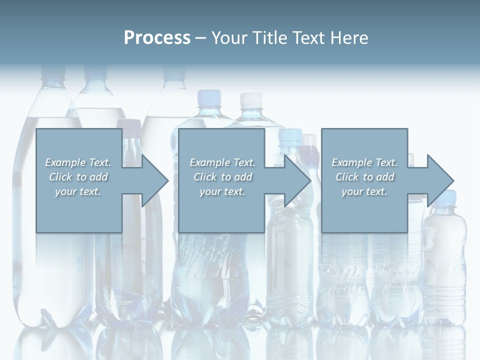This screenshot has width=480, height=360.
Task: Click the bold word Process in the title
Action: click(x=157, y=38)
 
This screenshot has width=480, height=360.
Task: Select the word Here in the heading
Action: click(x=349, y=38)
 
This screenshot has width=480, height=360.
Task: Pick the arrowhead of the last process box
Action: click(x=439, y=180)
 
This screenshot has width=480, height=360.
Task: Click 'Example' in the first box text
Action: click(x=65, y=162)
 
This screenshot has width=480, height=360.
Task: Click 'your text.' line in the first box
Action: click(x=78, y=191)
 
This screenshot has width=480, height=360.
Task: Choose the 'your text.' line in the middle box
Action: click(x=222, y=191)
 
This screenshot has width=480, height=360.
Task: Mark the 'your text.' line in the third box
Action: click(x=364, y=191)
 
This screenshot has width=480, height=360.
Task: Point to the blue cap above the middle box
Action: click(x=209, y=96)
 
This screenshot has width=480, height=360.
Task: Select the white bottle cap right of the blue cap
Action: click(x=250, y=99)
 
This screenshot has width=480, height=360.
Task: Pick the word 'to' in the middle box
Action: click(x=226, y=177)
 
